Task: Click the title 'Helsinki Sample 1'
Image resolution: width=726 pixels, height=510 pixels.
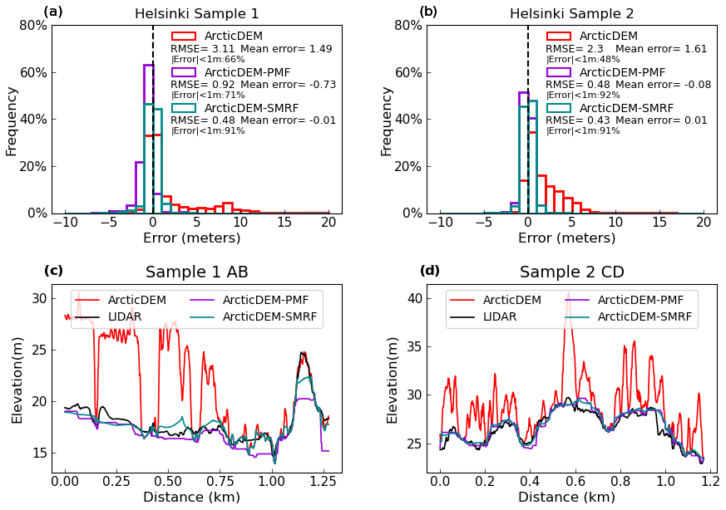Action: pyautogui.click(x=196, y=14)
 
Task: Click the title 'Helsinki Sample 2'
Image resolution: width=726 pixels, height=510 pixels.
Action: pyautogui.click(x=571, y=14)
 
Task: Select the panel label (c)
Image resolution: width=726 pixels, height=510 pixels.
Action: pyautogui.click(x=53, y=271)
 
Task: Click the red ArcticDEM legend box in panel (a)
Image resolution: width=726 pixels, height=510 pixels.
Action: pyautogui.click(x=184, y=36)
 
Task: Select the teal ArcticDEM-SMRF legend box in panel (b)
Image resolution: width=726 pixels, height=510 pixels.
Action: pyautogui.click(x=559, y=108)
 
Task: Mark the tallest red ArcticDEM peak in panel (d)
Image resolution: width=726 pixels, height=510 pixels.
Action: pyautogui.click(x=569, y=293)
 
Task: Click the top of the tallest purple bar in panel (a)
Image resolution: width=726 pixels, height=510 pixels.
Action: pyautogui.click(x=148, y=65)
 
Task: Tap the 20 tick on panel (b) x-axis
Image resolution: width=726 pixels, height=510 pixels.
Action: pyautogui.click(x=704, y=222)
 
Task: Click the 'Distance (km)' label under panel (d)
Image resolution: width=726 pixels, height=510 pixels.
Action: pyautogui.click(x=566, y=498)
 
